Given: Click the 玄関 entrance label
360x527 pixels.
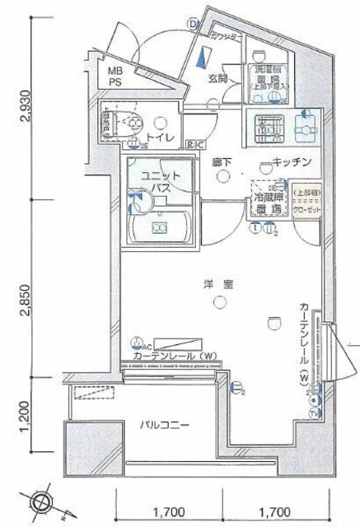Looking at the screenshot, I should point(217,79).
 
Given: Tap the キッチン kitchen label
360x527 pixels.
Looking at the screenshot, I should point(291,162).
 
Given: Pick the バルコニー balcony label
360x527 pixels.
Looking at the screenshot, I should point(164,426).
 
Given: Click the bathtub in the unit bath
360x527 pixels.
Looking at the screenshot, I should point(161,226).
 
